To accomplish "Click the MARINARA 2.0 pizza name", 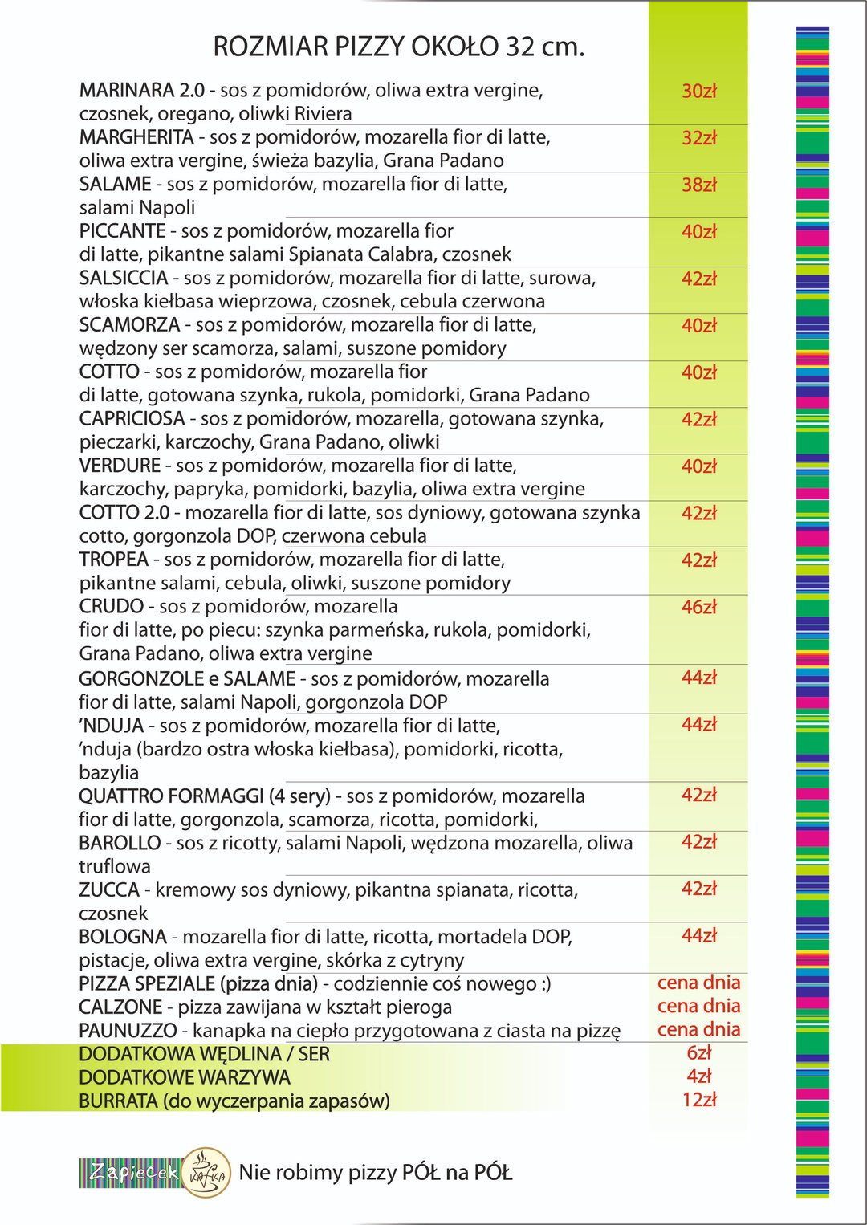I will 141,90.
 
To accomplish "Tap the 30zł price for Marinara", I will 698,91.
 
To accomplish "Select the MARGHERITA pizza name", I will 136,137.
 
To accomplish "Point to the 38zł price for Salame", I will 698,185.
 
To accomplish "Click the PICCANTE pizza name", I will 122,231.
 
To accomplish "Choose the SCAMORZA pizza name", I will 129,325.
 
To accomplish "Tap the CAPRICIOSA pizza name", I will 132,419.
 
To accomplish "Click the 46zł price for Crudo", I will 698,607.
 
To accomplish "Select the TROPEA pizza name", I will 113,560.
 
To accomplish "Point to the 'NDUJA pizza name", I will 111,726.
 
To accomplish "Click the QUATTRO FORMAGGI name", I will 171,796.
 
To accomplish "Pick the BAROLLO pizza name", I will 120,843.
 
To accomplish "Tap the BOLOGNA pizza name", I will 122,937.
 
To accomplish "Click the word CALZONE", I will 120,1007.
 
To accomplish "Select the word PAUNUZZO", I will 128,1031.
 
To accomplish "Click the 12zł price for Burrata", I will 698,1100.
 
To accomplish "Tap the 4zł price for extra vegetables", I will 698,1076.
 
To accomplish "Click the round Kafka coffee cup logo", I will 206,1173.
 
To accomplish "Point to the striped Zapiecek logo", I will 131,1173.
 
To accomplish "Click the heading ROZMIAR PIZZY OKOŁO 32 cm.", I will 398,47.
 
